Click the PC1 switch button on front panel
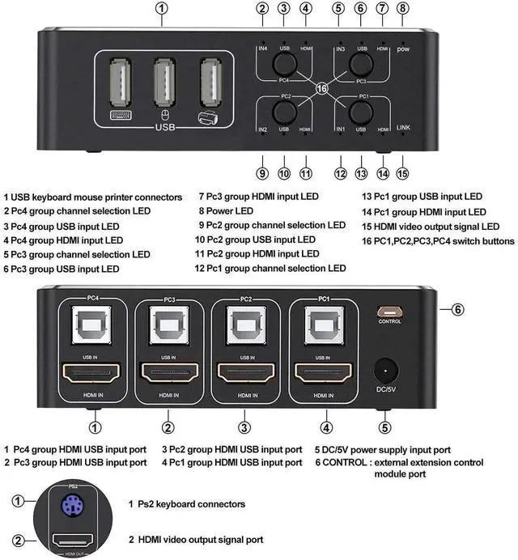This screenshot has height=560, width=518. (x=361, y=112)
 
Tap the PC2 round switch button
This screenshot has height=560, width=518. (x=284, y=112)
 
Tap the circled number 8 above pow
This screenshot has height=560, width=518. (x=403, y=10)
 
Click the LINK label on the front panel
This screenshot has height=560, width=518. (x=404, y=127)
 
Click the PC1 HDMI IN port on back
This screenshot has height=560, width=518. (x=322, y=373)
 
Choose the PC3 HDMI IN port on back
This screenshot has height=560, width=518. (x=169, y=373)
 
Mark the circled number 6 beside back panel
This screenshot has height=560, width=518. (x=458, y=308)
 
